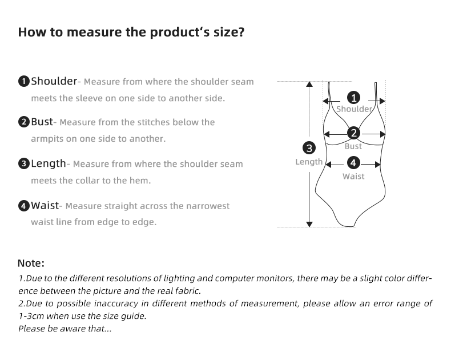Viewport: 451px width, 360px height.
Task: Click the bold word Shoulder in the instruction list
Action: pos(54,81)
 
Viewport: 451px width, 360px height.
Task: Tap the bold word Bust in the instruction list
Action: pos(42,122)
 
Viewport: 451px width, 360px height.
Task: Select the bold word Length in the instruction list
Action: pos(49,163)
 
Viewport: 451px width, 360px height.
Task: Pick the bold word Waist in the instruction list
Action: pos(45,205)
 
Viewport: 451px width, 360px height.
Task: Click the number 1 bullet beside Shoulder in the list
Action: pos(23,81)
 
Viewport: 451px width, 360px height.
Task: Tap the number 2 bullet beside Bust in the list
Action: pos(23,122)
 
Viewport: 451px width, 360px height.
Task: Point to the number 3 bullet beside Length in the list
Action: pos(23,164)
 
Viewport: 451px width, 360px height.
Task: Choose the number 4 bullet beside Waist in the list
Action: pos(23,206)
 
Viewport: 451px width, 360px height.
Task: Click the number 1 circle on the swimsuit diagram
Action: pos(354,97)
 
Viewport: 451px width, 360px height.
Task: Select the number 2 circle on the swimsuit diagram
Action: pos(354,134)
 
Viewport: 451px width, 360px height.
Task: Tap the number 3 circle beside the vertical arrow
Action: pos(309,148)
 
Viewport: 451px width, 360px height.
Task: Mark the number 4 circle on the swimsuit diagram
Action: pos(354,163)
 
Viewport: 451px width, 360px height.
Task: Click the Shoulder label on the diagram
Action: pos(354,109)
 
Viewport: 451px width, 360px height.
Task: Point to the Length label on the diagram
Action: pos(309,162)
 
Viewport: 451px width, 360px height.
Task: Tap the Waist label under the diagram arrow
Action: pos(353,177)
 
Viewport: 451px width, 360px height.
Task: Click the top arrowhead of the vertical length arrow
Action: pos(309,84)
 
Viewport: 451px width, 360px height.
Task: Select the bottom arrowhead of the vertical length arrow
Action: pos(309,224)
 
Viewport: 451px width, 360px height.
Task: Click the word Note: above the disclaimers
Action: pos(31,263)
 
